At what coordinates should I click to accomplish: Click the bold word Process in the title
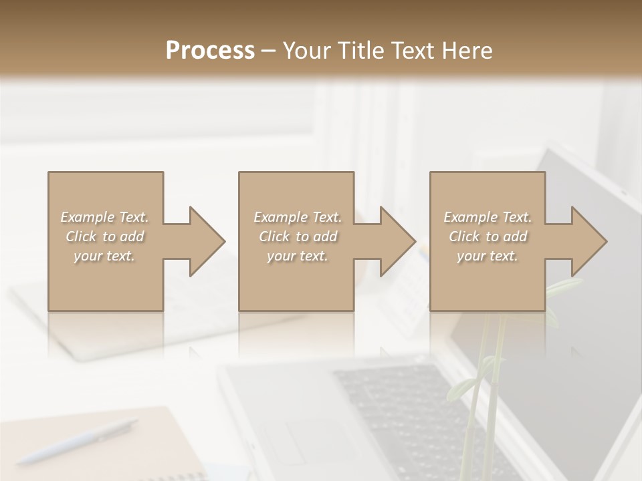210,51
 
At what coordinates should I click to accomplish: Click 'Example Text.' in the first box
105,217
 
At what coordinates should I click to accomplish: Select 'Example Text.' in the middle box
298,217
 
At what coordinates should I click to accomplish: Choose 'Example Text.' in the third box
488,217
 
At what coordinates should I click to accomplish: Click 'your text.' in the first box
104,256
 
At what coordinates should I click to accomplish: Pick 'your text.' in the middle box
298,256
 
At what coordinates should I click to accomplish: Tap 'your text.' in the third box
488,256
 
